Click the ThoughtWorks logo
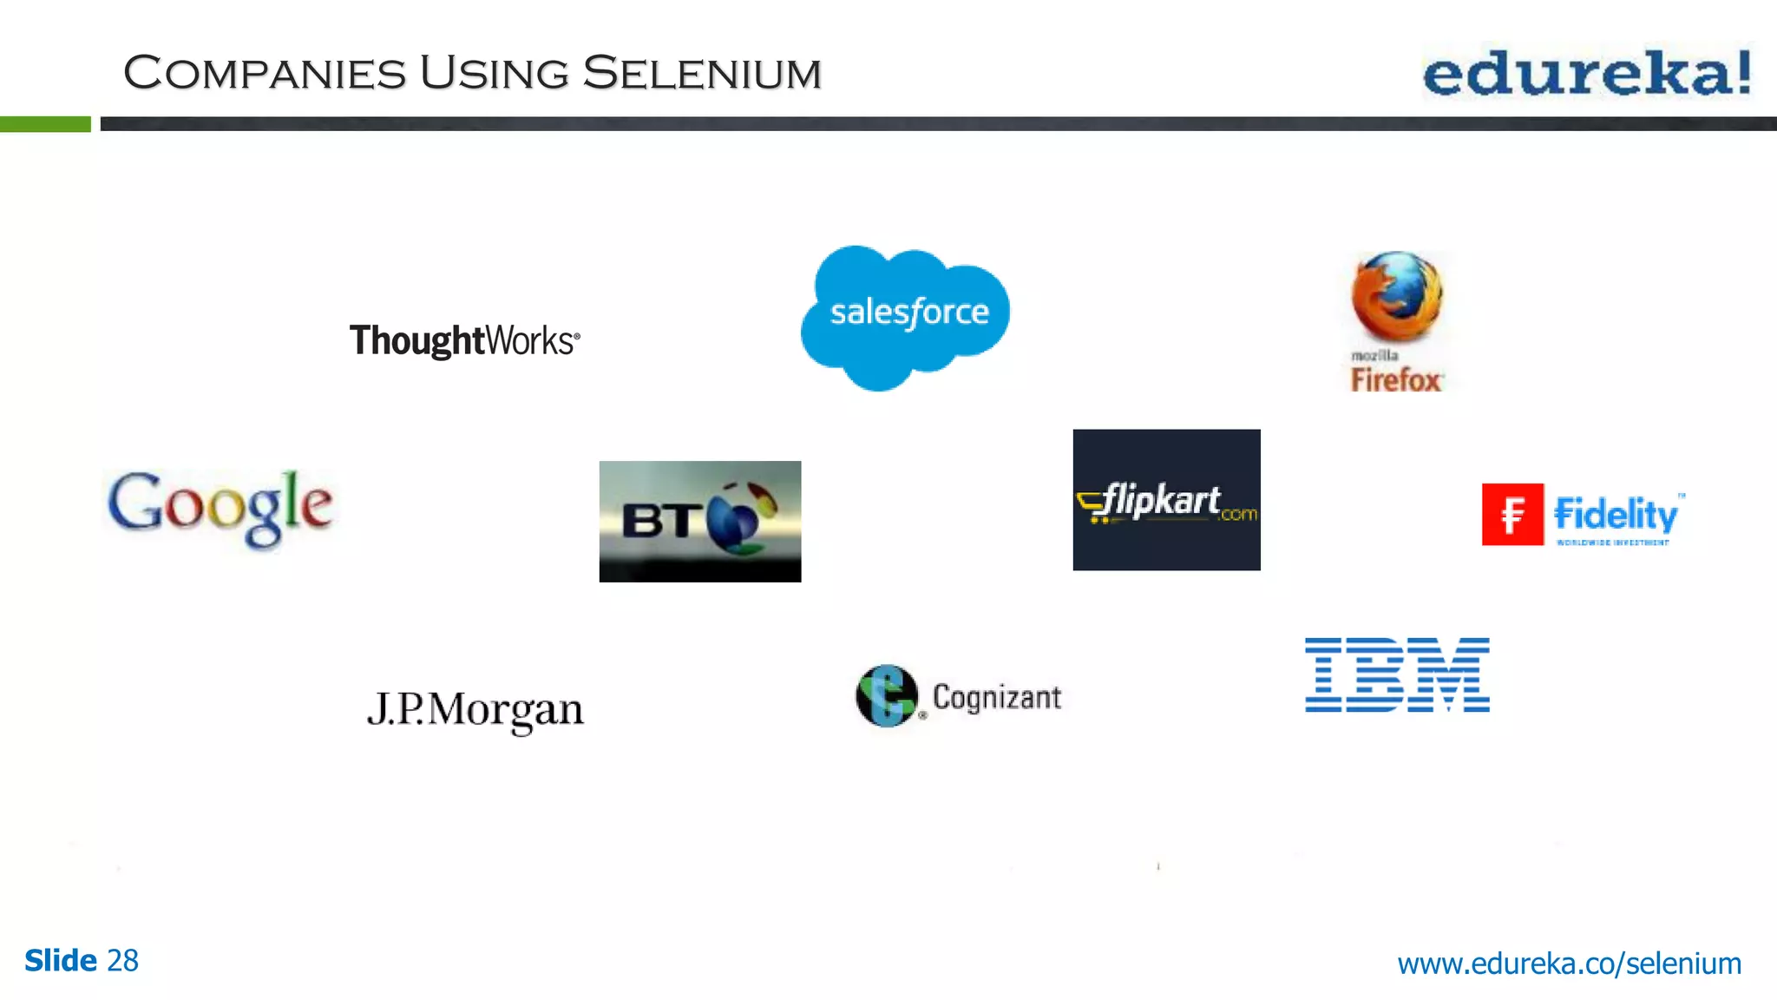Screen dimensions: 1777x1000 click(464, 340)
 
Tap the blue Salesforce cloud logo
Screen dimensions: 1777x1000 click(906, 314)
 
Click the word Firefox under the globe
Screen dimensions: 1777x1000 click(1395, 380)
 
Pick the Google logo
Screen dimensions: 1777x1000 click(220, 507)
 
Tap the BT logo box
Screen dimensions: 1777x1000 click(699, 521)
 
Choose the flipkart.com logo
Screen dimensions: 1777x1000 click(1166, 500)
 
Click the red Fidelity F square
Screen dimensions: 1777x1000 click(1511, 514)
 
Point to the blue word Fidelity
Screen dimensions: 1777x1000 click(1616, 514)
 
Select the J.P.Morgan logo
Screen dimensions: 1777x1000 click(475, 710)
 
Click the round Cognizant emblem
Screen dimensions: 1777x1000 click(886, 696)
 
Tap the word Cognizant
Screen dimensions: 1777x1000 click(996, 697)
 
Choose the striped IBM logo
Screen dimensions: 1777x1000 click(1397, 674)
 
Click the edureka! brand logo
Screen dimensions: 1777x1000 click(1586, 73)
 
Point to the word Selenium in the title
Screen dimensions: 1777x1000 click(701, 73)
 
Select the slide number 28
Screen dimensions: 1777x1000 click(122, 961)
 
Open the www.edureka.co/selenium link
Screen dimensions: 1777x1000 click(1569, 964)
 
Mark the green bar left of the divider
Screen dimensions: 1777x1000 click(45, 124)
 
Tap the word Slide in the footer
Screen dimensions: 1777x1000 click(61, 961)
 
